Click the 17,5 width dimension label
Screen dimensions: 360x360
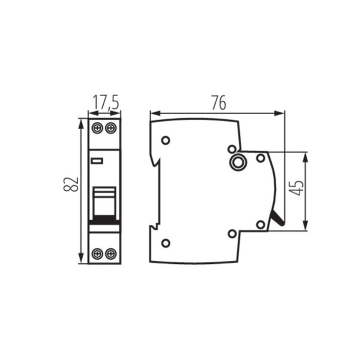pos(104,102)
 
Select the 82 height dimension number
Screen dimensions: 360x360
pos(71,184)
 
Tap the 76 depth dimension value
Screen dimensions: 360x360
pos(219,103)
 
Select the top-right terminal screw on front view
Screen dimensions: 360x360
pos(110,128)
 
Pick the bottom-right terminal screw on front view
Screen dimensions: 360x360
pos(110,253)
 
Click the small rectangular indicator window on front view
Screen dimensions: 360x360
pos(97,161)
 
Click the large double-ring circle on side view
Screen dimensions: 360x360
pos(238,163)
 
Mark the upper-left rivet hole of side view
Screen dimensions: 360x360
pos(165,140)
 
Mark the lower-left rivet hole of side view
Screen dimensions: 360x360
pos(165,243)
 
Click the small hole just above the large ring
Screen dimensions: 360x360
pos(232,149)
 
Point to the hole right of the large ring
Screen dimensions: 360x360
pos(261,158)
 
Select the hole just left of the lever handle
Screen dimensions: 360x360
pos(260,224)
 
